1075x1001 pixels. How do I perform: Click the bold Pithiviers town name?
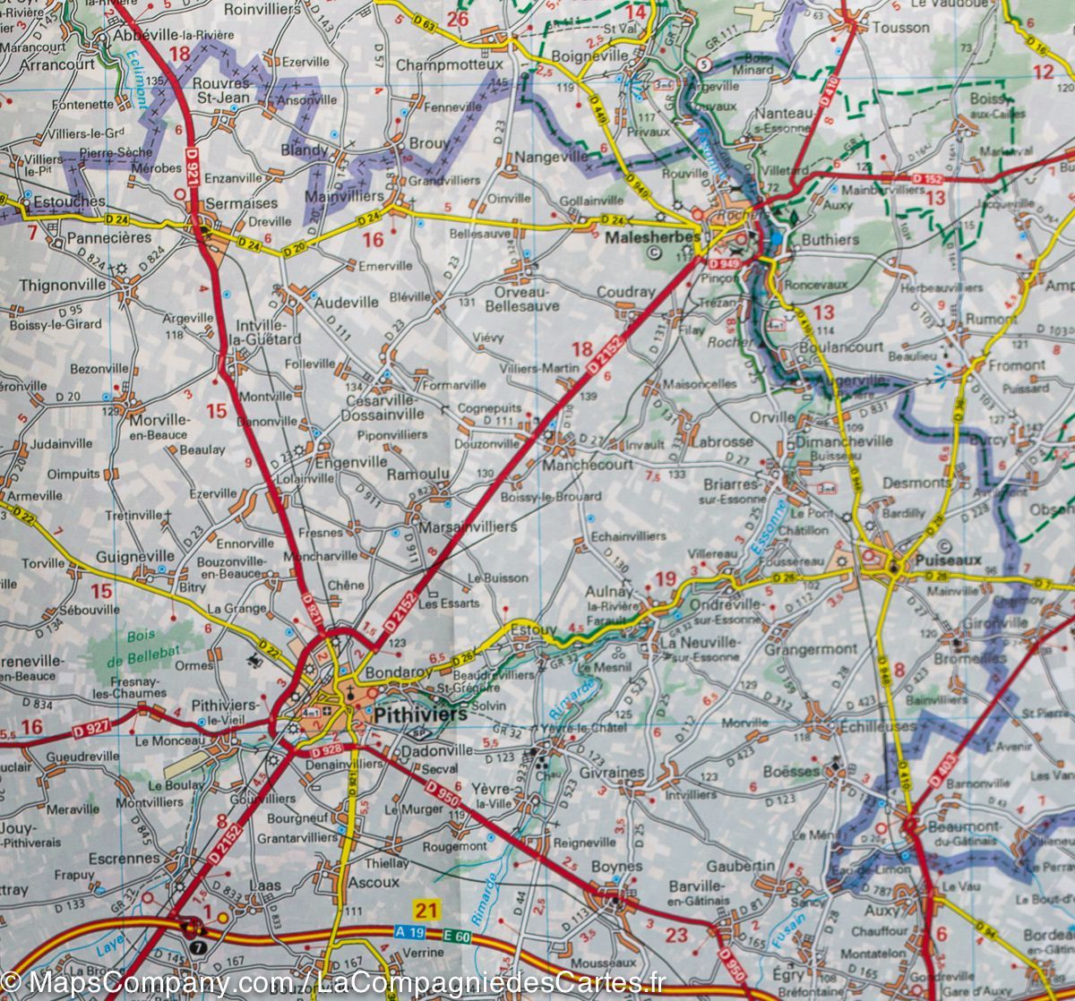(x=421, y=714)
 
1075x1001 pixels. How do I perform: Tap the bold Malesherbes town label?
(x=642, y=238)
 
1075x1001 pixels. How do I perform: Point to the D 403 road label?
(x=950, y=768)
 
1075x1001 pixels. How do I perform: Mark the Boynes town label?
(x=616, y=866)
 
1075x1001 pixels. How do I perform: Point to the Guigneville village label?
(x=135, y=556)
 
